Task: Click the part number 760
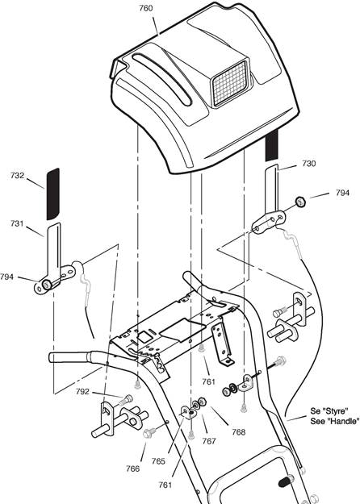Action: point(146,8)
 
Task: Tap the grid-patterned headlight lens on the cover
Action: point(230,83)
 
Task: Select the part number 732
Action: point(17,176)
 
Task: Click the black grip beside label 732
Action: point(53,194)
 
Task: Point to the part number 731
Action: point(17,223)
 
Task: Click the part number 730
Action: point(309,164)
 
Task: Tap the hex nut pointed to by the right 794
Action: point(300,202)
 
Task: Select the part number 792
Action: point(82,391)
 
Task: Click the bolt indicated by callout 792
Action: point(126,399)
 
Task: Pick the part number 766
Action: point(133,469)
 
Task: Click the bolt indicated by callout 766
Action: point(151,432)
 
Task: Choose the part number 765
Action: point(158,461)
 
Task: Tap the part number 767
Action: point(209,441)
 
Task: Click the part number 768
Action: point(239,432)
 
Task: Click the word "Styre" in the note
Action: point(337,410)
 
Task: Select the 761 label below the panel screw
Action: point(209,381)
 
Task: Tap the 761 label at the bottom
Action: point(165,485)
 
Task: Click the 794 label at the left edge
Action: point(7,277)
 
